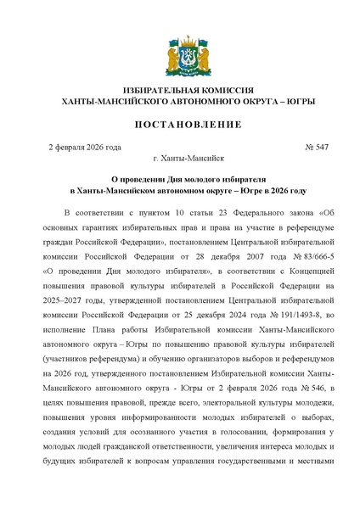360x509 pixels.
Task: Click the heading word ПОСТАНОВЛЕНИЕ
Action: pos(180,125)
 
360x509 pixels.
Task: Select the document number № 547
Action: pos(316,148)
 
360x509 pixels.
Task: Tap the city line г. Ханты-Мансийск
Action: pos(179,159)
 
